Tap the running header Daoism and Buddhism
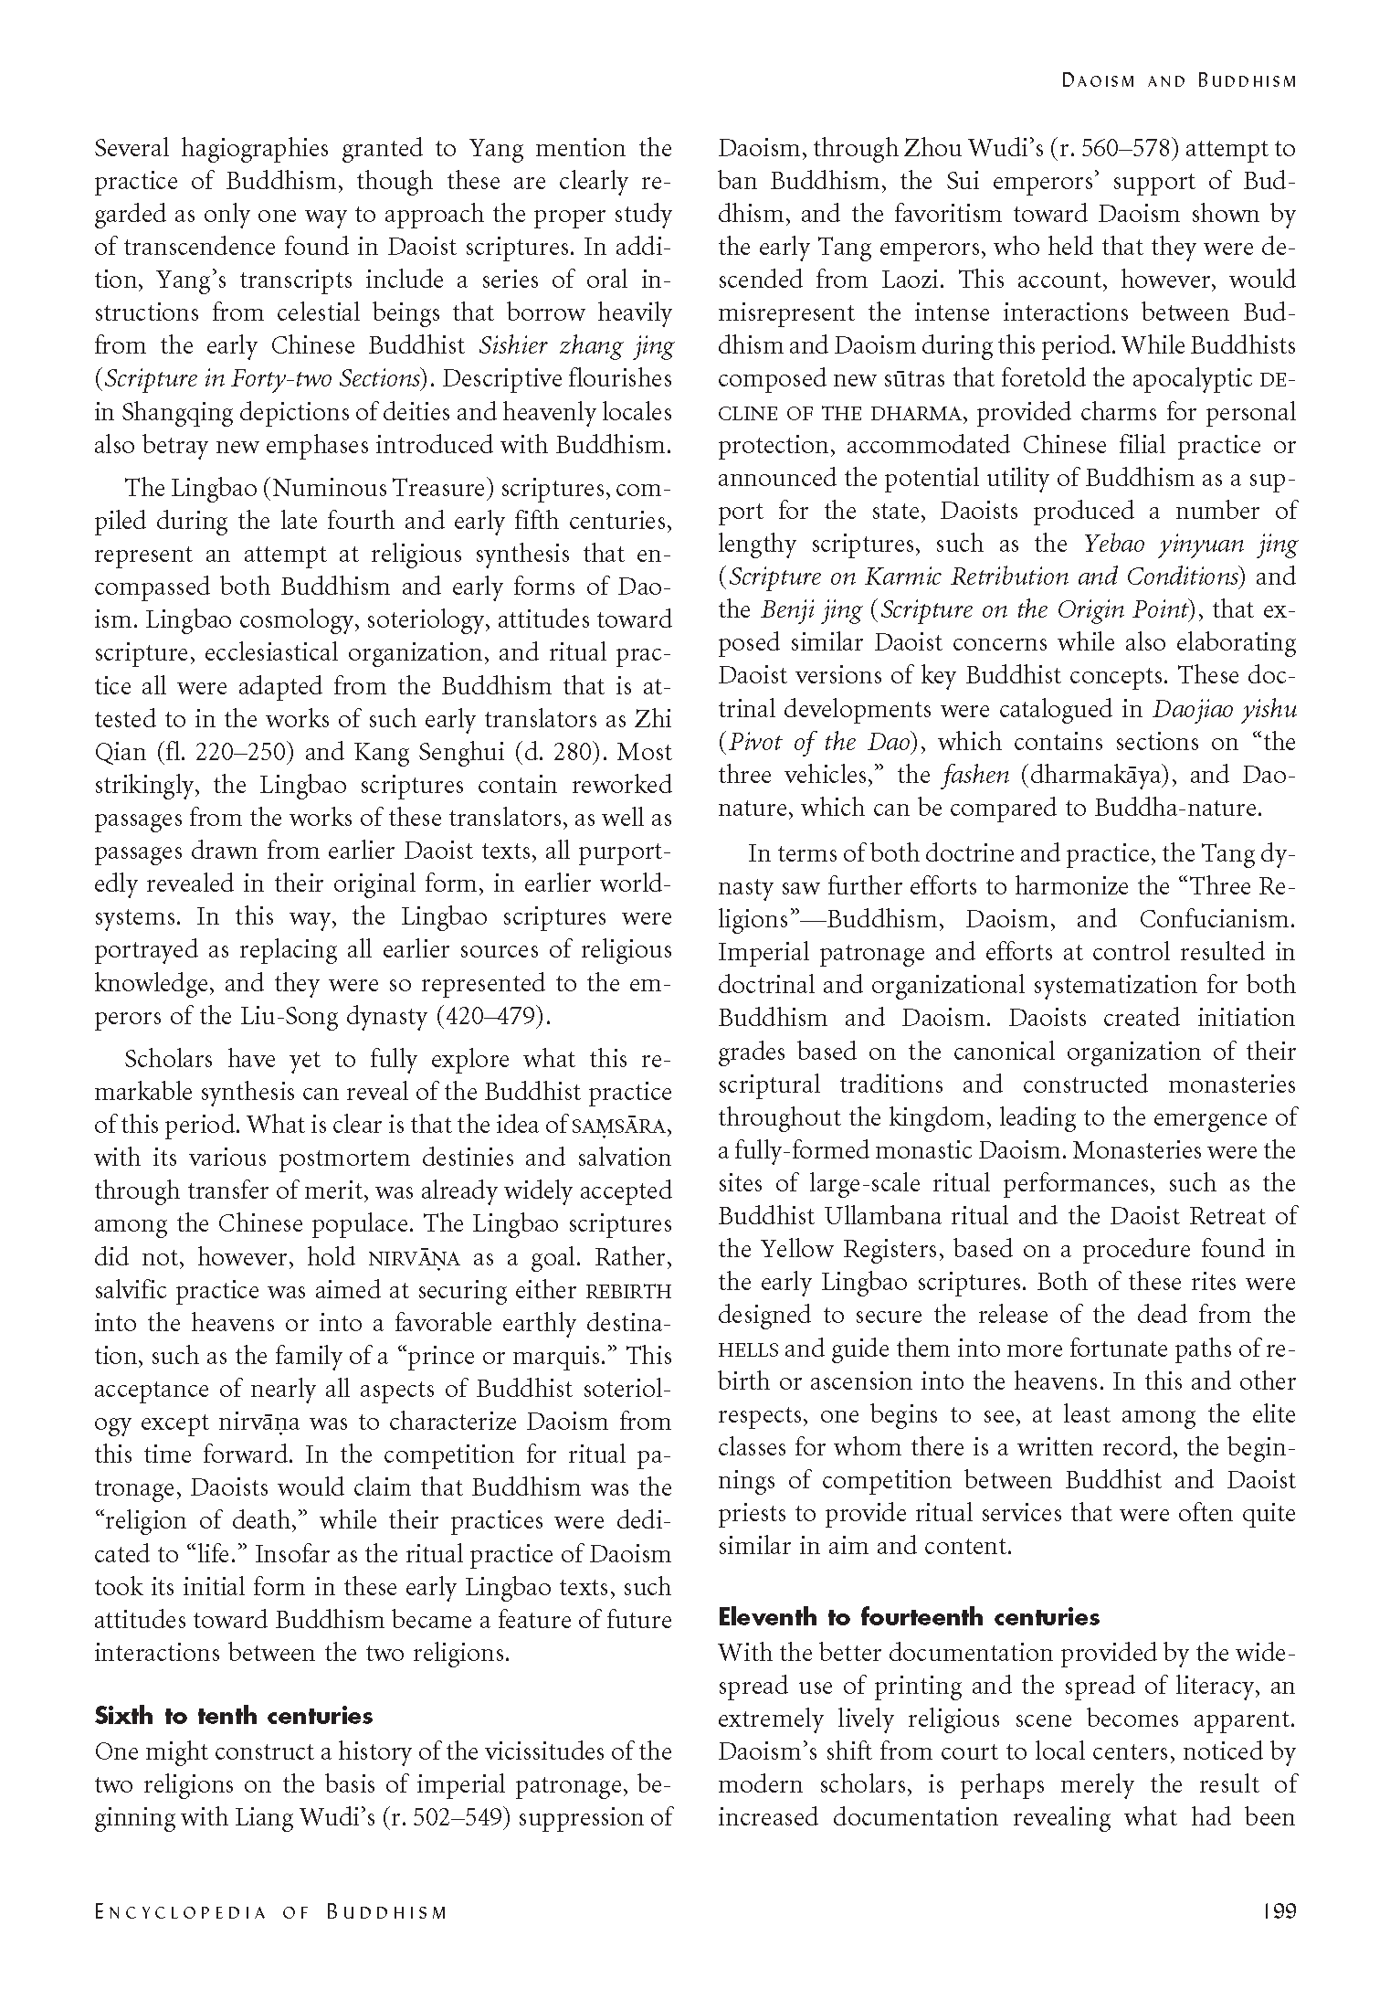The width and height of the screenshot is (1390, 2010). (x=1178, y=80)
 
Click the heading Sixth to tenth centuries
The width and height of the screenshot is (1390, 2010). (x=234, y=1716)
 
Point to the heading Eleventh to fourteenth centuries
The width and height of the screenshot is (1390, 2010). (x=909, y=1617)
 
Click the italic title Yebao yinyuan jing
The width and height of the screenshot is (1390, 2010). (x=1190, y=545)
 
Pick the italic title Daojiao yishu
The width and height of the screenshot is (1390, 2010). (x=1225, y=709)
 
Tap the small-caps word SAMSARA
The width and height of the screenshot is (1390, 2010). (x=621, y=1126)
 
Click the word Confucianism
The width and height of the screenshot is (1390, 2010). (x=1217, y=919)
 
